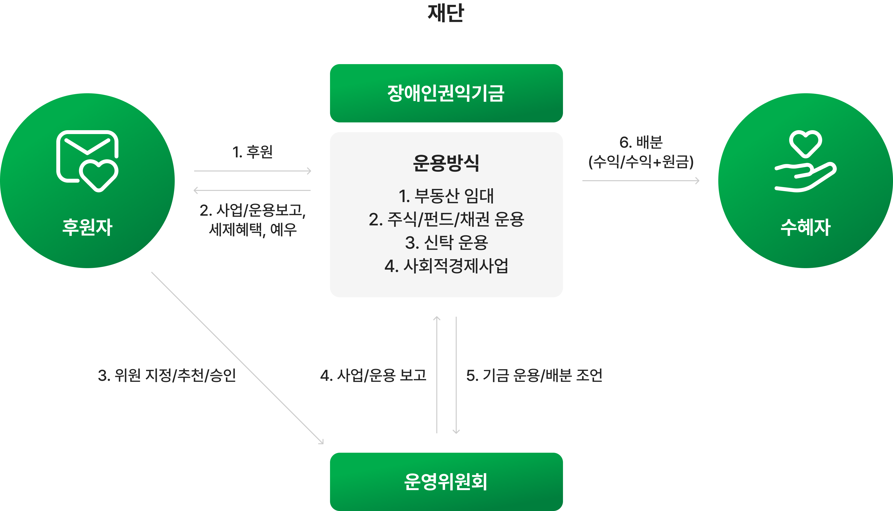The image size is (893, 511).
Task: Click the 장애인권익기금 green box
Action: point(446,93)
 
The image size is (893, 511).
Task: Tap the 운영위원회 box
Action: point(446,482)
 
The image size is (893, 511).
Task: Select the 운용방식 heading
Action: point(446,163)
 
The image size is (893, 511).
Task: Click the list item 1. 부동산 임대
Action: point(446,196)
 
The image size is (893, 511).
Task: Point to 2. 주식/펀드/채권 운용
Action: point(446,219)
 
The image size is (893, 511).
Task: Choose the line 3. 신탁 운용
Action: point(446,243)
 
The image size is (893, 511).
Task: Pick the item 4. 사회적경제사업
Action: point(446,266)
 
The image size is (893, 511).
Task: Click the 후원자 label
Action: point(87,227)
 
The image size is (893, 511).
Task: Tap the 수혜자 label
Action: point(805,227)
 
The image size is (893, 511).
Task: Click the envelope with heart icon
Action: point(87,161)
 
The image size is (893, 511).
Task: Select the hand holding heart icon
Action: point(805,161)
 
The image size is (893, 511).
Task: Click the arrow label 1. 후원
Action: point(252,152)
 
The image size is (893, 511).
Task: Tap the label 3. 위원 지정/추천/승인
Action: point(167,375)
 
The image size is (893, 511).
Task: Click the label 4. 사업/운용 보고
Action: point(373,375)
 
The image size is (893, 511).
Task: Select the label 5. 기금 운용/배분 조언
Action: point(534,375)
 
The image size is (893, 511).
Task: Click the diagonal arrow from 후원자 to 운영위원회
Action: point(237,358)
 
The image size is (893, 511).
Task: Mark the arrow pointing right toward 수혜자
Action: point(641,181)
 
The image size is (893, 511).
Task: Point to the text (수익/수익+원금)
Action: point(641,162)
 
